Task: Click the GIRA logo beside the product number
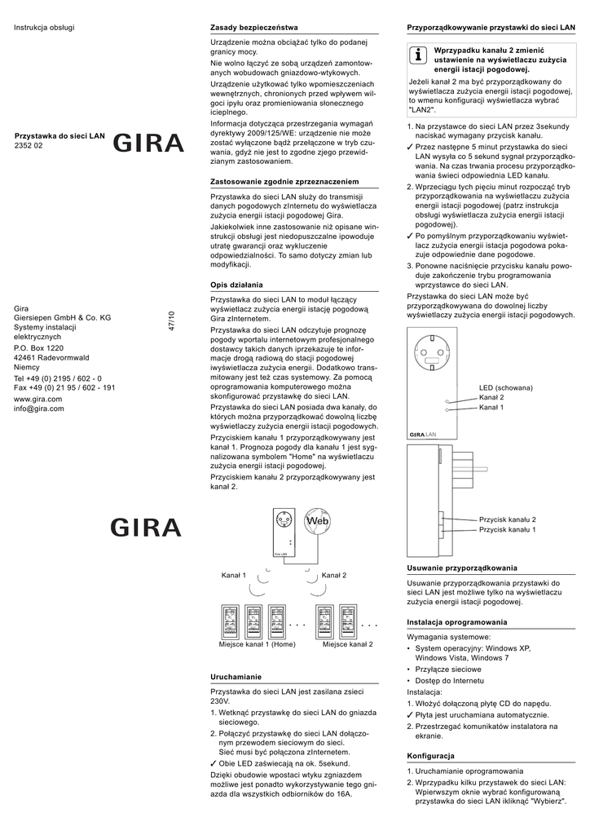click(148, 144)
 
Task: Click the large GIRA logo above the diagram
click(148, 528)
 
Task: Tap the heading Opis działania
click(236, 285)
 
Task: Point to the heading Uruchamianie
click(236, 677)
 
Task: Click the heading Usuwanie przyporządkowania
click(461, 568)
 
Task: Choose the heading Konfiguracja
click(431, 756)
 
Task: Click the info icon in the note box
click(417, 55)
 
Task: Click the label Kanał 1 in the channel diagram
click(234, 576)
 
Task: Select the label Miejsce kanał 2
click(347, 644)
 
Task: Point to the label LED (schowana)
click(505, 387)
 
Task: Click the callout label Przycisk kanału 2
click(507, 519)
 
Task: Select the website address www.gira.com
click(38, 399)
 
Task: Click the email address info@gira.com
click(39, 409)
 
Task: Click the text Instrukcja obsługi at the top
click(44, 28)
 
